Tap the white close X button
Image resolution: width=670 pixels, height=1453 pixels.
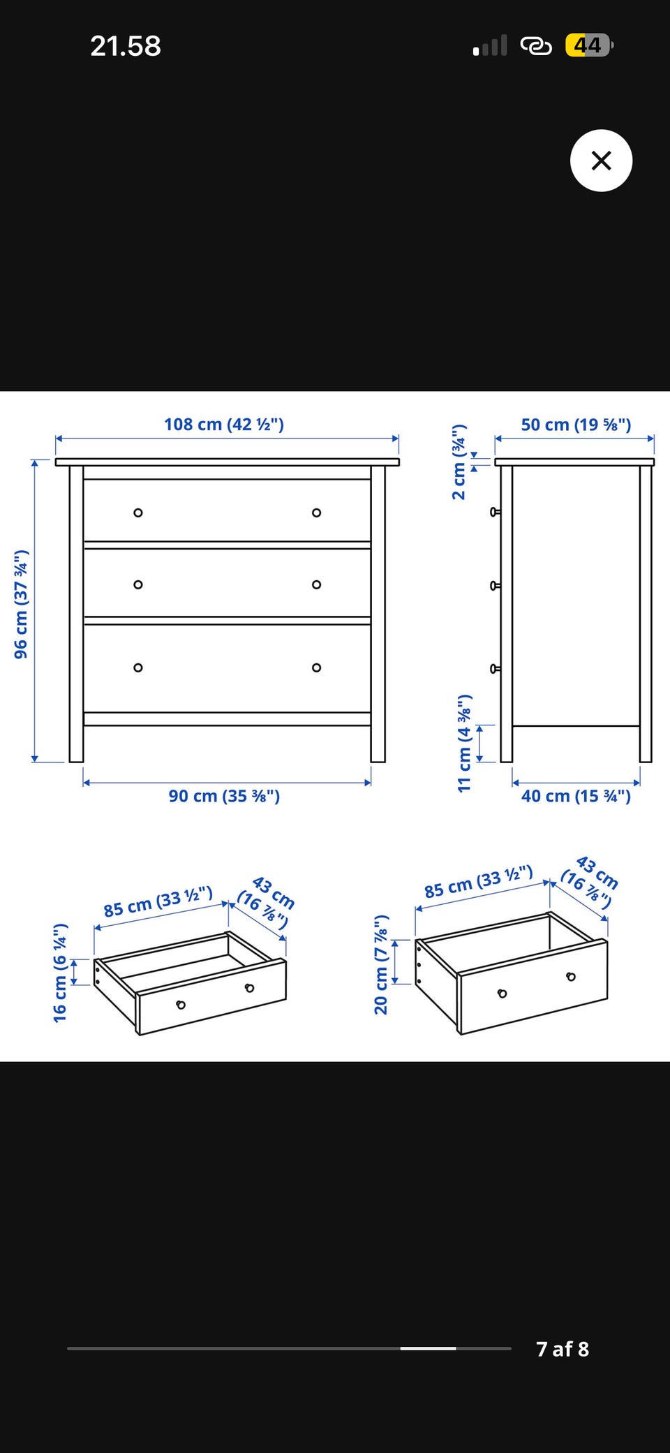tap(601, 161)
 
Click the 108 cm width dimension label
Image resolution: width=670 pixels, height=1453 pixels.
tap(224, 425)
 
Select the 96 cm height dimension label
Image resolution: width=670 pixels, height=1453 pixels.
tap(21, 604)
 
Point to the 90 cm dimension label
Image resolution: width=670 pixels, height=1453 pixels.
tap(224, 796)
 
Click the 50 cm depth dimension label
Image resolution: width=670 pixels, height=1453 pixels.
tap(576, 425)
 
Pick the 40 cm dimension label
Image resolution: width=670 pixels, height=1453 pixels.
tap(576, 796)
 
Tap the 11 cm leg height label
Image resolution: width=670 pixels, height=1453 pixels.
tap(464, 743)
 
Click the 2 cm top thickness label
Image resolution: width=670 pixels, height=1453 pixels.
tap(459, 462)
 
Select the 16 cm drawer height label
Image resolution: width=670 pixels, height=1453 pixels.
tap(60, 973)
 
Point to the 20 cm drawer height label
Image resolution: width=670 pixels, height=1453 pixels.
tap(380, 964)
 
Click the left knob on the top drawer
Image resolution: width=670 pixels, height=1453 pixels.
tap(138, 512)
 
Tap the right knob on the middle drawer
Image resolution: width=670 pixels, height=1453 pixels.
tap(317, 584)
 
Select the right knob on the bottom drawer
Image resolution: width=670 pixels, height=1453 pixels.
tap(317, 668)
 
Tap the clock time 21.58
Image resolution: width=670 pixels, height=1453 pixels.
tap(126, 46)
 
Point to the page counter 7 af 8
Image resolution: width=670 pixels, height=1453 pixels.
tap(563, 1349)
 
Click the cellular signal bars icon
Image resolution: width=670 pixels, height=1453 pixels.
tap(490, 45)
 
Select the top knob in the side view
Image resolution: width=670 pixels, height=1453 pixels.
tap(496, 512)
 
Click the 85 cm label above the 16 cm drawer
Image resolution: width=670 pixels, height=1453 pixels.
tap(158, 902)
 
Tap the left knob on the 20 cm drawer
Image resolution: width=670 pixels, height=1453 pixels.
tap(502, 994)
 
